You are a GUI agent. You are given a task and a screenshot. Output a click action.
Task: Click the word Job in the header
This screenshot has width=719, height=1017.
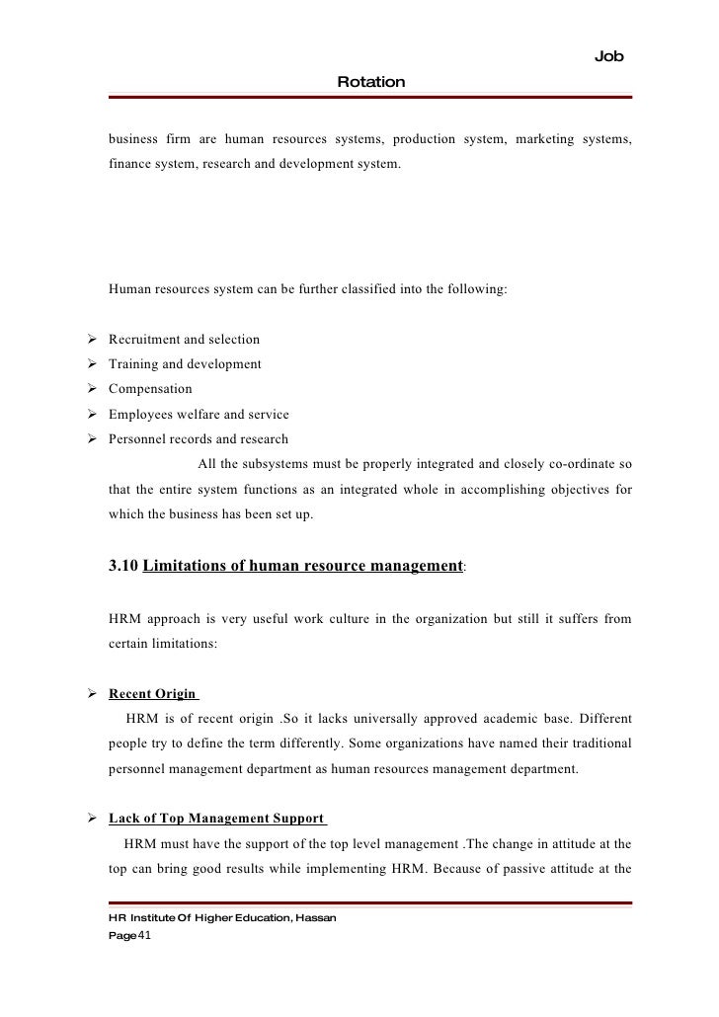coord(609,57)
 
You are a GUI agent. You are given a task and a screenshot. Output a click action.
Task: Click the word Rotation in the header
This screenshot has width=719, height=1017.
coord(370,82)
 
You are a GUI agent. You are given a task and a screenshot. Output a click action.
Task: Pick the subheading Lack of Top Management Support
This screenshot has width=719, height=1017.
coord(216,819)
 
